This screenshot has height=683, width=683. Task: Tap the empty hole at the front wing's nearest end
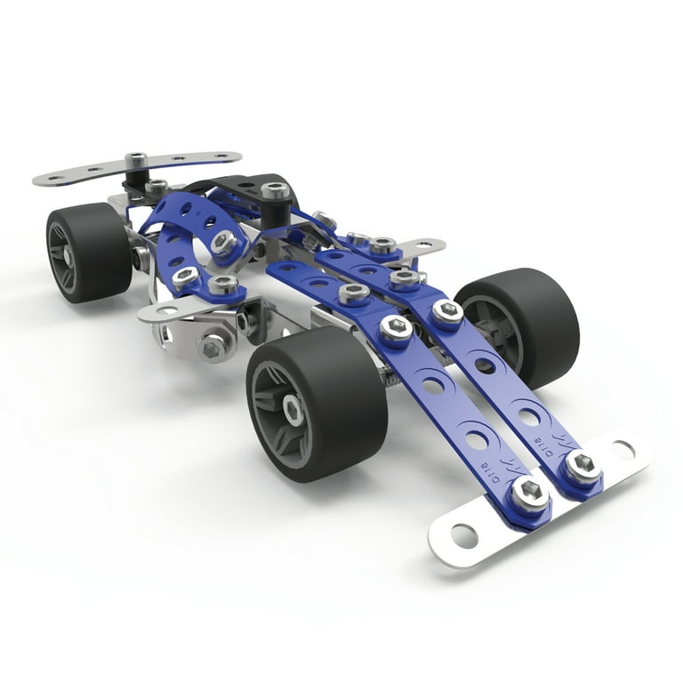pyautogui.click(x=464, y=536)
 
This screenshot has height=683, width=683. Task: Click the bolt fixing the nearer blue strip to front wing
pyautogui.click(x=530, y=493)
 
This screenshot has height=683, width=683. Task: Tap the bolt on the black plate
pyautogui.click(x=275, y=190)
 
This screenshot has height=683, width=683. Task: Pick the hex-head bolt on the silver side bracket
pyautogui.click(x=213, y=346)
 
